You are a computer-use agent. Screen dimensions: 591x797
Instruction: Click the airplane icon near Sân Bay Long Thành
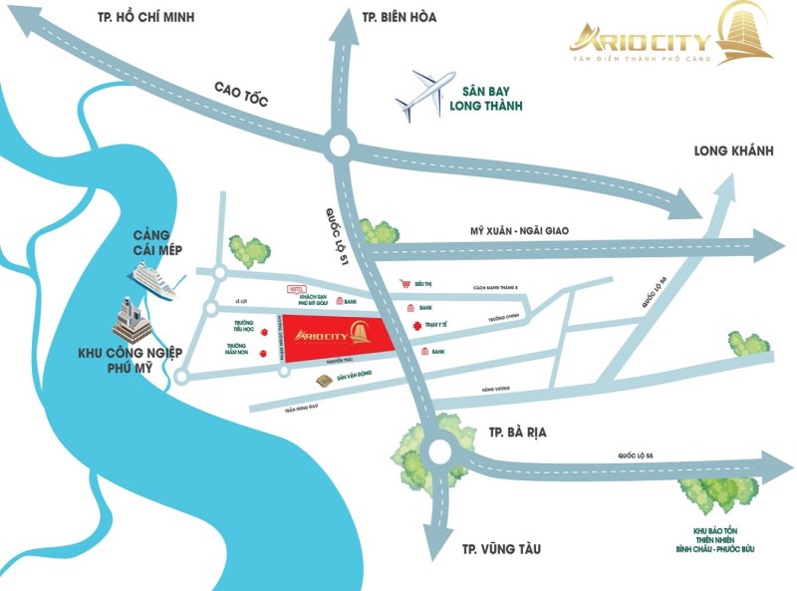[425, 94]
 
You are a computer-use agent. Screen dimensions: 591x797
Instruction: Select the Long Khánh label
[734, 150]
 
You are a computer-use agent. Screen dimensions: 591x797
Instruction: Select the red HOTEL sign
[296, 288]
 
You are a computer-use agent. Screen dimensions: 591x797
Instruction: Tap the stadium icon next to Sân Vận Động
[323, 382]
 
